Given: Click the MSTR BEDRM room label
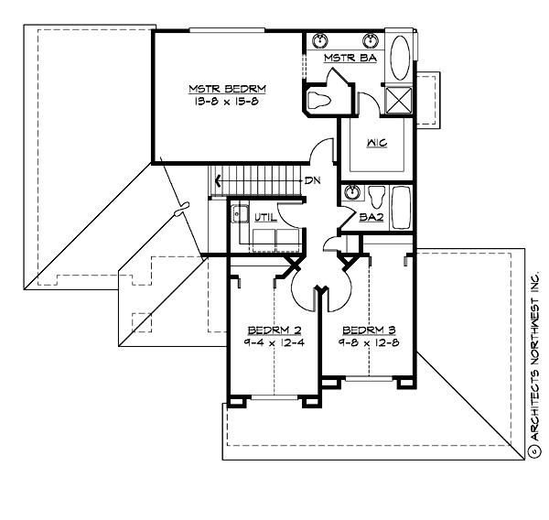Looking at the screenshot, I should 228,89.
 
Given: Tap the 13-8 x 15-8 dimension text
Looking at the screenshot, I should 228,102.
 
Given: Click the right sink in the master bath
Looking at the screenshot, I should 371,40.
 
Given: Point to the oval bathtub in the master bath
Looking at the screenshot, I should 400,59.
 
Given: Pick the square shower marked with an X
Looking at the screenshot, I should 400,99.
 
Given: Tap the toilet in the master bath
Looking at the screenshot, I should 321,100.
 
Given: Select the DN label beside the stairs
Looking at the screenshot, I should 312,180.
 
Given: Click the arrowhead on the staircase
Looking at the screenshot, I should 218,180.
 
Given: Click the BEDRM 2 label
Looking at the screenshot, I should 270,330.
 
